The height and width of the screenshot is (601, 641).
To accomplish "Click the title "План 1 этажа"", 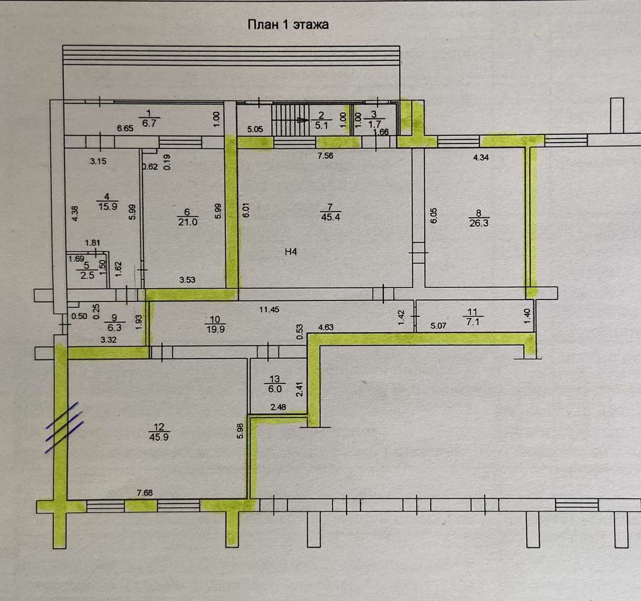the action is [x=288, y=25].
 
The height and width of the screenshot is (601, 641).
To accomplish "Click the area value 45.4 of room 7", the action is [x=330, y=217].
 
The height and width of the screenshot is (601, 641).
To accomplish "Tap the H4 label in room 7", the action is [x=291, y=251].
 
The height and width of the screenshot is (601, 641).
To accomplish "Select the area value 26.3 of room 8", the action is [x=479, y=223].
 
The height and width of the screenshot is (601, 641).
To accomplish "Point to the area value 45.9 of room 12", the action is [x=159, y=437].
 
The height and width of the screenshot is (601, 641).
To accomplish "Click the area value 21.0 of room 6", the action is [x=187, y=222].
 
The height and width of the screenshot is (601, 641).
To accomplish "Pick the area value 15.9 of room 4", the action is [x=107, y=206].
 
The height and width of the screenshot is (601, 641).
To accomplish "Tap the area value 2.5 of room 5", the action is [x=87, y=275].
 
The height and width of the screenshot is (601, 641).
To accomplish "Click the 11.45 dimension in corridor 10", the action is [x=269, y=309].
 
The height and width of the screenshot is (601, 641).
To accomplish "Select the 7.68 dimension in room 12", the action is [x=144, y=493].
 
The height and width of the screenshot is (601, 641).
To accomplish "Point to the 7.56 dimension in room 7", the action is [x=325, y=156].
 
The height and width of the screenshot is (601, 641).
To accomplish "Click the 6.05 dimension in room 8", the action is [x=434, y=215].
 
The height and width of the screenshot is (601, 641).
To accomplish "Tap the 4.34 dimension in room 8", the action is [x=481, y=158].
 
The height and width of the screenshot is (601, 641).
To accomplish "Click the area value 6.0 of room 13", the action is [x=275, y=389].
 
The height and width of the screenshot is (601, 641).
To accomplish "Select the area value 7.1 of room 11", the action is [x=472, y=321].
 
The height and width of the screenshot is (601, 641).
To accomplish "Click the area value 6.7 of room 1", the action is [x=149, y=123].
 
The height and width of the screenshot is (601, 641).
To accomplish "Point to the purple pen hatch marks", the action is [x=65, y=427].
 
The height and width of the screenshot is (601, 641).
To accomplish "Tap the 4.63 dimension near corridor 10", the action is [x=325, y=327].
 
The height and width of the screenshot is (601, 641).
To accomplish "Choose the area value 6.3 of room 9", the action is [x=114, y=328].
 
